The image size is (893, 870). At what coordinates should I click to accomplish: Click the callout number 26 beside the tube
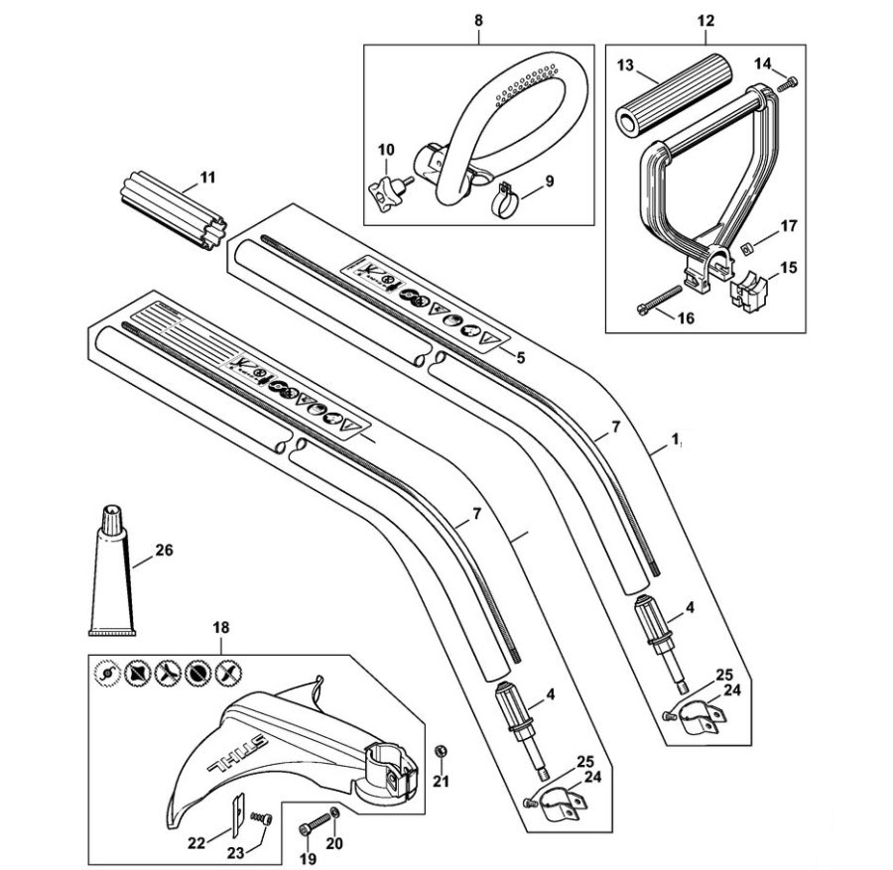point(163,551)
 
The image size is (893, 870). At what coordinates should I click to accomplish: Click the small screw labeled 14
point(787,83)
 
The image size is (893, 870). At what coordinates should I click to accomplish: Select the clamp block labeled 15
point(748,292)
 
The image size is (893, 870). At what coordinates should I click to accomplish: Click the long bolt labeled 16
point(659,299)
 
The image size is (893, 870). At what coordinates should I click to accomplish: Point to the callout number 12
point(705,21)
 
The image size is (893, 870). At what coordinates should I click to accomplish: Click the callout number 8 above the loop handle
point(478,21)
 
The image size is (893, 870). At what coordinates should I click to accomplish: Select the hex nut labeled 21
point(440,752)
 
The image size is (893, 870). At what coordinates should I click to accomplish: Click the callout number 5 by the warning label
point(520,357)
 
